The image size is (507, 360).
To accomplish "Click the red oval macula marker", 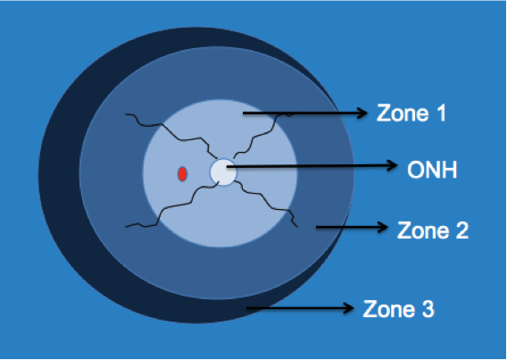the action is (x=182, y=174).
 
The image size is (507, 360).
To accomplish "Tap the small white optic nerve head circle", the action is (x=223, y=172).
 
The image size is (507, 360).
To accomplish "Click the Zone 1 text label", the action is (x=411, y=113).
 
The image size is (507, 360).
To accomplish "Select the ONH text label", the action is (x=432, y=170).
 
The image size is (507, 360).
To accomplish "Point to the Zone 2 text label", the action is (x=433, y=230).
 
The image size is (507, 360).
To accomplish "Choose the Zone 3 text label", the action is (x=398, y=309).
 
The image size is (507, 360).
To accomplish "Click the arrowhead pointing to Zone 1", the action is (x=362, y=113).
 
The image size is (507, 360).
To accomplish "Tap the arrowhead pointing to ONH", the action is (x=392, y=165).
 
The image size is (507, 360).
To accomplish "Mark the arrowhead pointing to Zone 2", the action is (x=382, y=227).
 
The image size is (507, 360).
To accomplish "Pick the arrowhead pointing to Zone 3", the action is (x=348, y=308).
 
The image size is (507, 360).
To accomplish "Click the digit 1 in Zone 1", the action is (x=441, y=113).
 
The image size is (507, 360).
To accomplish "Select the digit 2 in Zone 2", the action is (x=462, y=230).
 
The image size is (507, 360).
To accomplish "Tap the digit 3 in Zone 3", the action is (x=428, y=309).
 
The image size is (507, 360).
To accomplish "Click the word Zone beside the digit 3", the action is (x=387, y=309).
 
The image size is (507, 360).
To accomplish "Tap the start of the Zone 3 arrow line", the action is (x=246, y=308).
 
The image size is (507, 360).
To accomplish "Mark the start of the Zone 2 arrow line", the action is (x=316, y=227).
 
